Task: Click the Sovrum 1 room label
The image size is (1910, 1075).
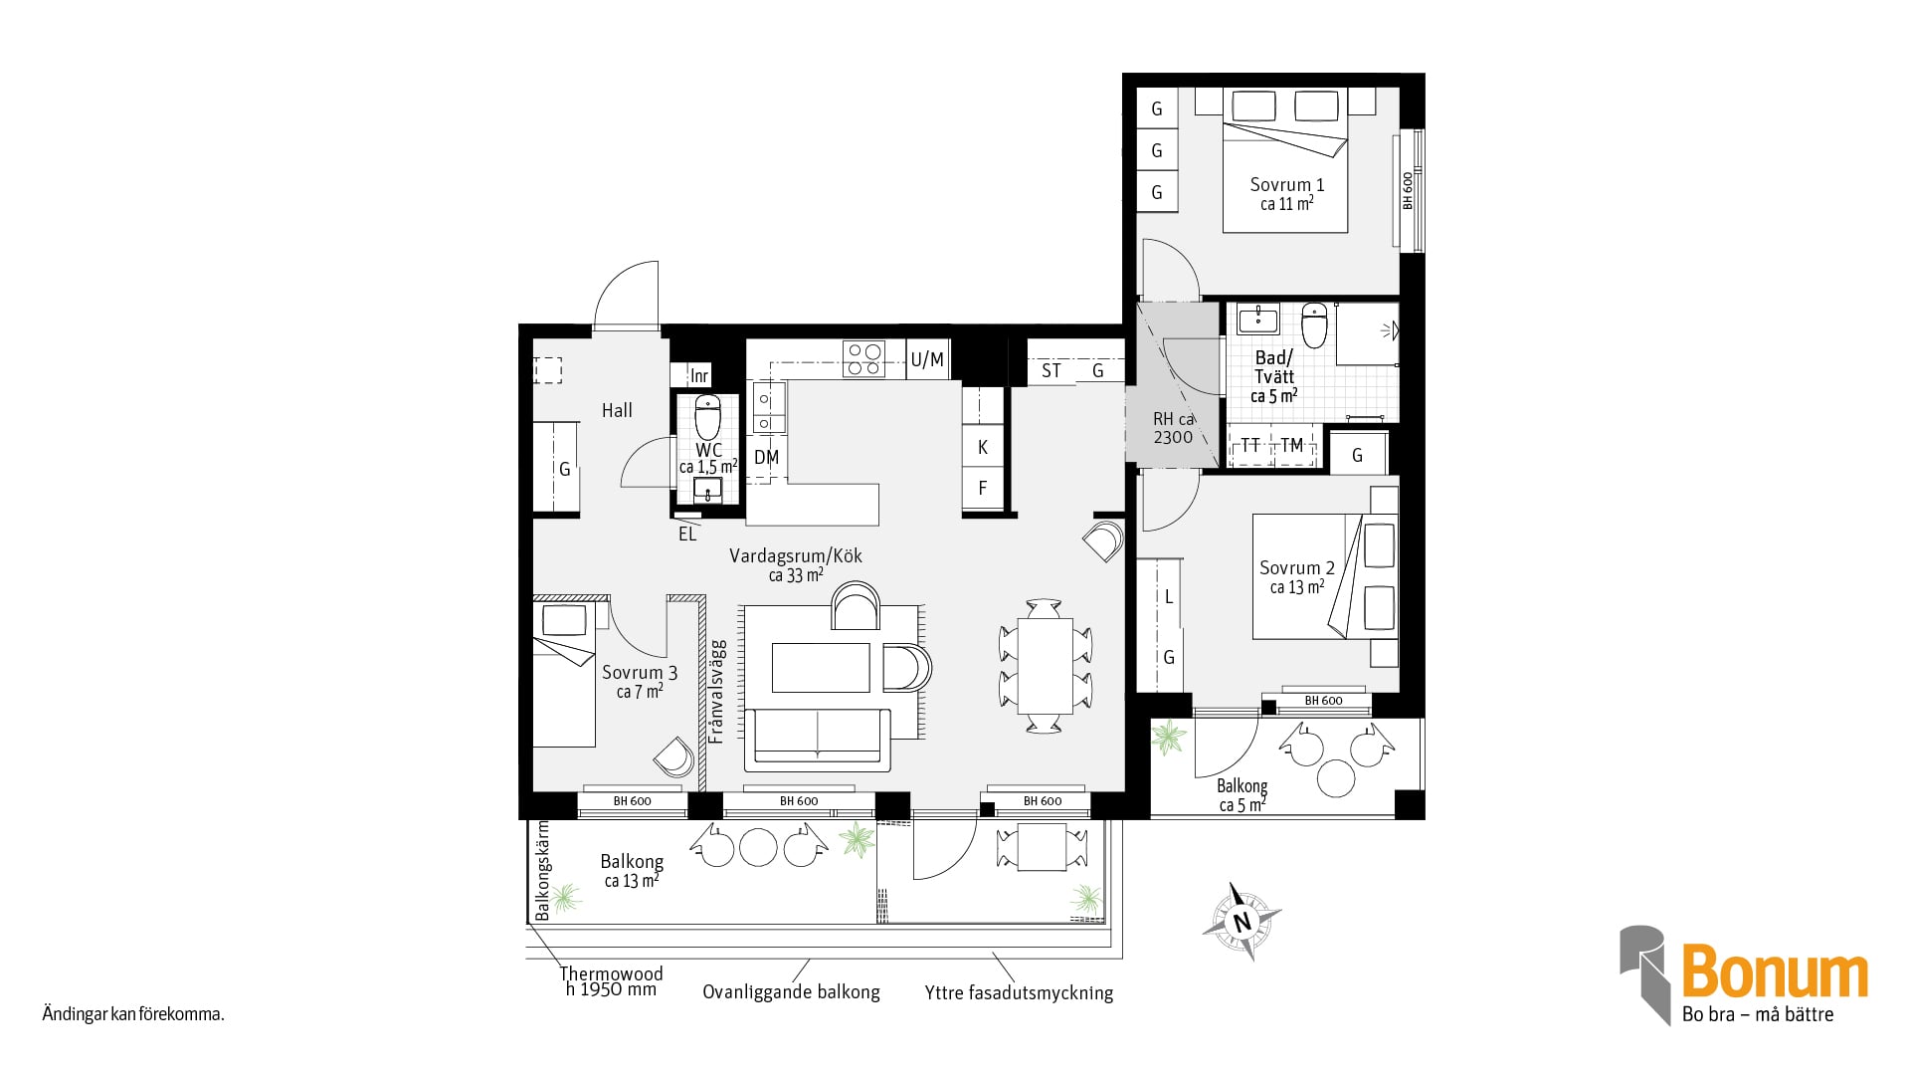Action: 1287,185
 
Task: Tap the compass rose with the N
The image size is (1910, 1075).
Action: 1241,922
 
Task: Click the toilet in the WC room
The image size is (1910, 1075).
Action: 707,417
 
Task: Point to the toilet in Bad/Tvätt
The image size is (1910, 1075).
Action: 1314,325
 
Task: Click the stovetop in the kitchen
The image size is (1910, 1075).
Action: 863,358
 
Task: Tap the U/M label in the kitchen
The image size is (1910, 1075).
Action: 927,359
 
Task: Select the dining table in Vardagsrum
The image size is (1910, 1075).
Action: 1045,666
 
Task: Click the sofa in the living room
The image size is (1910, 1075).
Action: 818,740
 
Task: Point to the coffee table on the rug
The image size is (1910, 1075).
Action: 822,667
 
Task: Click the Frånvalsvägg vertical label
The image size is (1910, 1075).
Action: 717,693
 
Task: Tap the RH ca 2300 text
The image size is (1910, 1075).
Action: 1173,428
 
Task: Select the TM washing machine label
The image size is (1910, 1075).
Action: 1291,445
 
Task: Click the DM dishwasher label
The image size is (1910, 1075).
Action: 766,458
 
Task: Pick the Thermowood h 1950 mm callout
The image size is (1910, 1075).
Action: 611,981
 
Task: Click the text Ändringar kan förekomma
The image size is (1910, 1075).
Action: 133,1015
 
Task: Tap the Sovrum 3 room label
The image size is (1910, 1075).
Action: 640,673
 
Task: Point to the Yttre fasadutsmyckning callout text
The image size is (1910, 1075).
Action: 1019,992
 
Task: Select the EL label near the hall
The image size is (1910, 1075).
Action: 687,535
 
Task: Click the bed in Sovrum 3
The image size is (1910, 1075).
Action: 564,674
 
